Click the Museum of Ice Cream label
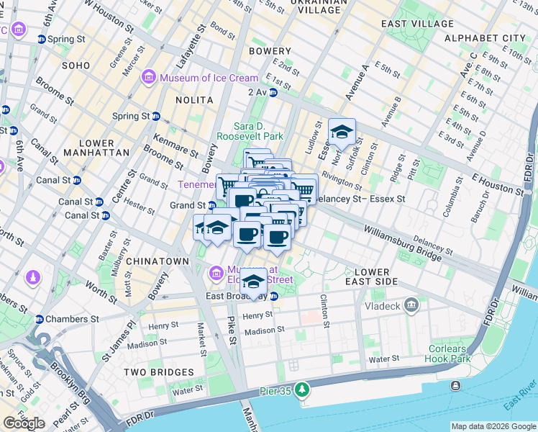point(209,78)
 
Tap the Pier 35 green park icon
point(303,390)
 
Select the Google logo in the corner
point(24,423)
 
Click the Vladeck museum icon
point(411,305)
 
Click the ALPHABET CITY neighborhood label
point(485,37)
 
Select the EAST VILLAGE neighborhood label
point(417,24)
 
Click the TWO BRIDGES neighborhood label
point(158,372)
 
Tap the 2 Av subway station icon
point(273,92)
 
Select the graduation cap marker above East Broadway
point(252,281)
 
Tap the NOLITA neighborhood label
point(193,100)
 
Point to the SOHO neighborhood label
point(76,66)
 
